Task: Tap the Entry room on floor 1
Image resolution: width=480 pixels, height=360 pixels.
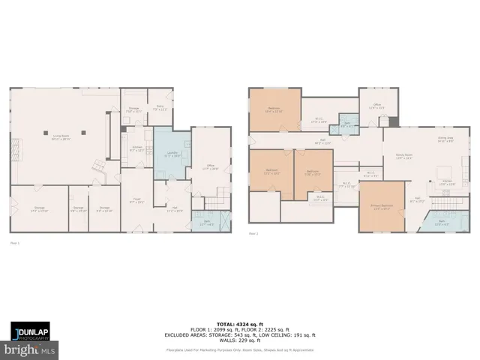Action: (x=159, y=109)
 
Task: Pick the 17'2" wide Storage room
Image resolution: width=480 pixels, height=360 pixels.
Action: (x=39, y=209)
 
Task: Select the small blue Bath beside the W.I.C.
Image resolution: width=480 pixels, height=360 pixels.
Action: (x=346, y=124)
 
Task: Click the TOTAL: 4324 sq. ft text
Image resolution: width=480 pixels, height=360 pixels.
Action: (x=240, y=324)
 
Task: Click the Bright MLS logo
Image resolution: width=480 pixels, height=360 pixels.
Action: (x=30, y=349)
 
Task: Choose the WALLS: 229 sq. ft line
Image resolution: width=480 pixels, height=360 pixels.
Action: (x=240, y=342)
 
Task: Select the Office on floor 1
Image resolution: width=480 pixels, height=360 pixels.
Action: (x=211, y=169)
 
